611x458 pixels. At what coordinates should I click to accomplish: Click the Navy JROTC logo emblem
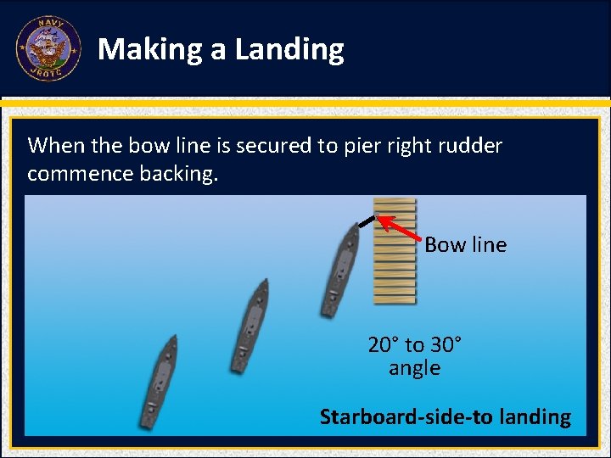click(48, 49)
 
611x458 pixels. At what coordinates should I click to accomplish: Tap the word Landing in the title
click(289, 50)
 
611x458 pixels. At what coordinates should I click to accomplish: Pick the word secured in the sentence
click(274, 146)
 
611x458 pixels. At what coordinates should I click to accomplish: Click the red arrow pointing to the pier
click(399, 228)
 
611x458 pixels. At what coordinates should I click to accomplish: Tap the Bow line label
click(465, 245)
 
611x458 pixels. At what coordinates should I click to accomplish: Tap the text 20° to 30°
click(415, 345)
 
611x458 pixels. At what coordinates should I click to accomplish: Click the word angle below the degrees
click(414, 368)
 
